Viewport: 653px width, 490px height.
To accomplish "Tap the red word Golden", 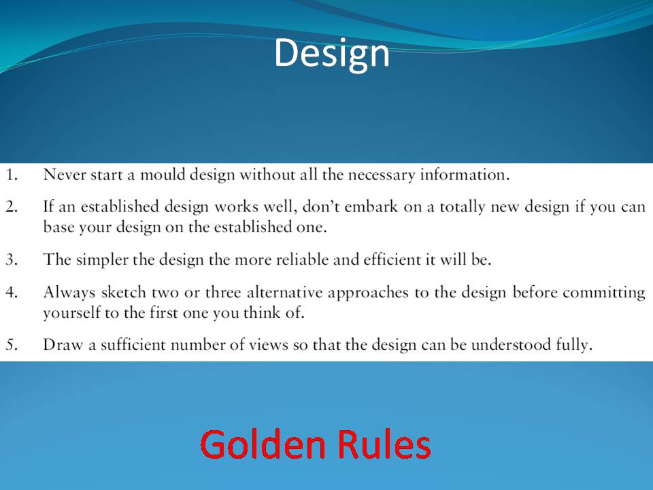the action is coord(263,444).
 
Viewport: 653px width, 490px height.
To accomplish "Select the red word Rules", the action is coord(384,444).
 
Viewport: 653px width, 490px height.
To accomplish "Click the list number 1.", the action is coord(12,175).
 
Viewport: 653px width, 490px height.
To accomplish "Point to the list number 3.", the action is coord(12,259).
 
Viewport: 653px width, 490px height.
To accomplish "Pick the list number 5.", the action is coord(12,345).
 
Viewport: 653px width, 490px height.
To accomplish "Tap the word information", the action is coord(465,175).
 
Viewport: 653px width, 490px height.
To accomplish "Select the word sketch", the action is coord(123,292).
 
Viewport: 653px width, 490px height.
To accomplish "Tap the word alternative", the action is coord(285,292).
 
